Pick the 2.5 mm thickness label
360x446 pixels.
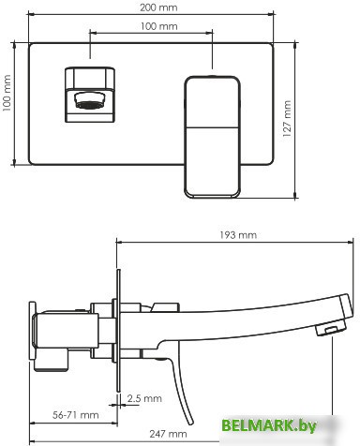(142, 398)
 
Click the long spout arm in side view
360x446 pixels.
(244, 309)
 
